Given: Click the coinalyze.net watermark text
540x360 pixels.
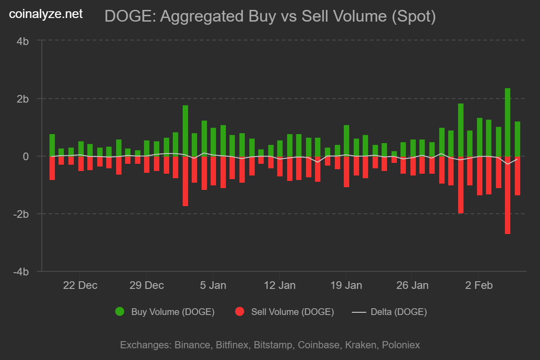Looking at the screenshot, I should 46,14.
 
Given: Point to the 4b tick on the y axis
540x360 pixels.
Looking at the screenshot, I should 23,41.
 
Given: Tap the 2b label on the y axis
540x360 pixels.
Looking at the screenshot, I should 23,99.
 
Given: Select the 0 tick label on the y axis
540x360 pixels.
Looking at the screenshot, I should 26,156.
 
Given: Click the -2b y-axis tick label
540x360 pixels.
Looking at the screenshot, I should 21,214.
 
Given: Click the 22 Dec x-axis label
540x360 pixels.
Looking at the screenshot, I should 80,285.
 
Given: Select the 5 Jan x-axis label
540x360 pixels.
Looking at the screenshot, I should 212,285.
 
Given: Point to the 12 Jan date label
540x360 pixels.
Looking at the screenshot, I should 279,285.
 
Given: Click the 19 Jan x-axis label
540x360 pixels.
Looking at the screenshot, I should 346,285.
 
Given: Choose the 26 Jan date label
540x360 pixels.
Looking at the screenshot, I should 412,285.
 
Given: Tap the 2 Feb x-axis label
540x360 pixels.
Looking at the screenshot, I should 478,285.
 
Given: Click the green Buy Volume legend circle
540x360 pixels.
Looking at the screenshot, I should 120,311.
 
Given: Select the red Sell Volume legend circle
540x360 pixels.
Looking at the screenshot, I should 240,311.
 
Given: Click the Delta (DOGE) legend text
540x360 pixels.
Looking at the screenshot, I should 398,311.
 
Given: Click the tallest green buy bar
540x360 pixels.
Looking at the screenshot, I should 508,121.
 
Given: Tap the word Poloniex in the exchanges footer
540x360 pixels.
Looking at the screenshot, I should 400,345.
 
